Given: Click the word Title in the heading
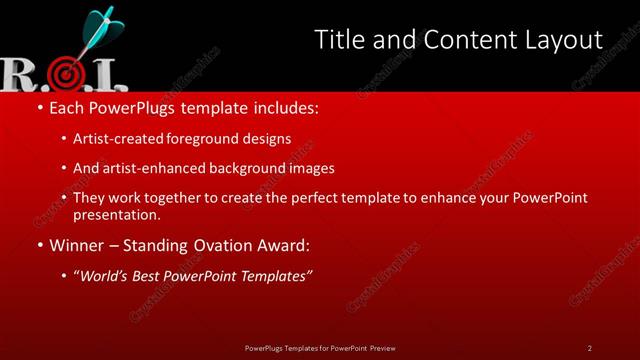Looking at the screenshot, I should [336, 40].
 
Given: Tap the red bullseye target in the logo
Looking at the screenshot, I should [64, 74].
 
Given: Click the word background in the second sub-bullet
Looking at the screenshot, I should [260, 168].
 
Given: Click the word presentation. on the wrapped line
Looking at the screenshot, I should [116, 214].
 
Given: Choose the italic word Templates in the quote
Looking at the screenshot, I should [277, 275].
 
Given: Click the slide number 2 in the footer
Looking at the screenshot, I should [590, 347].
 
